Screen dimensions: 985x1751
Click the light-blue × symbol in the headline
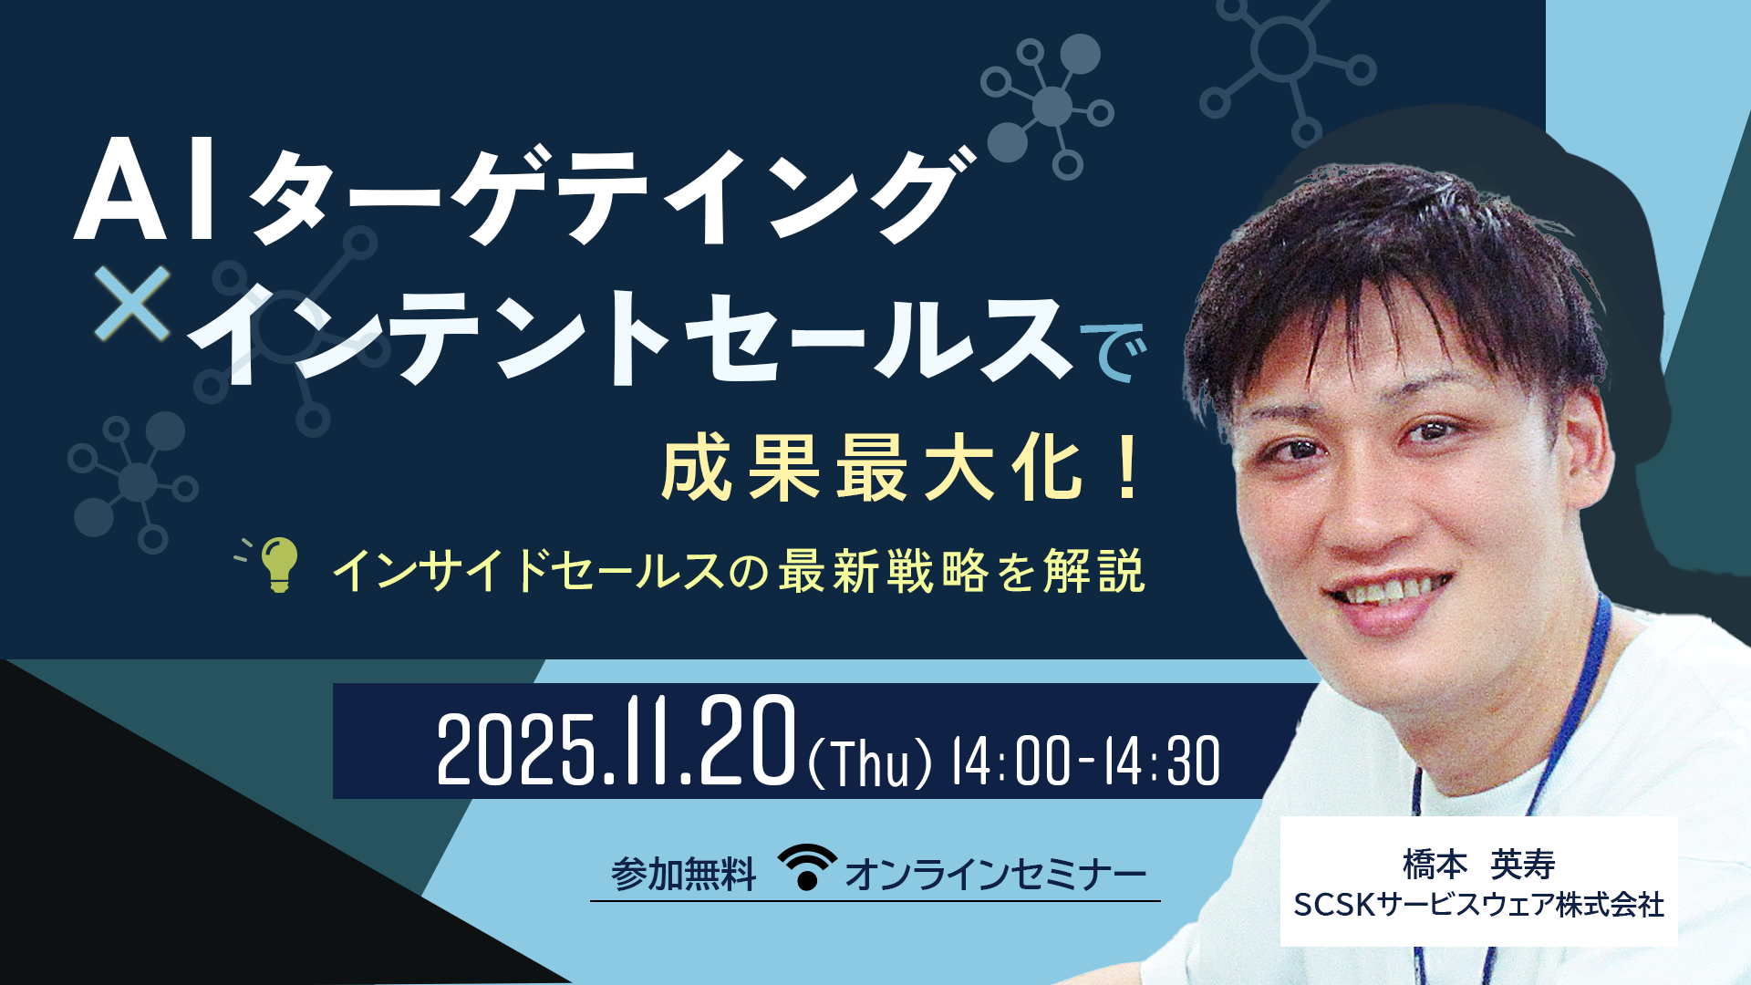point(132,303)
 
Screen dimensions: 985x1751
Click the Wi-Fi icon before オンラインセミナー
point(806,867)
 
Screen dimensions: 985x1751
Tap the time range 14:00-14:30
point(1085,762)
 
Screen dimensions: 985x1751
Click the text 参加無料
point(683,875)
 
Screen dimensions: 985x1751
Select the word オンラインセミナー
point(995,875)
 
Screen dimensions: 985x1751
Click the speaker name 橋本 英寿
point(1478,864)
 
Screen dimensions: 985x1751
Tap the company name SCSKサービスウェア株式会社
point(1478,905)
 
